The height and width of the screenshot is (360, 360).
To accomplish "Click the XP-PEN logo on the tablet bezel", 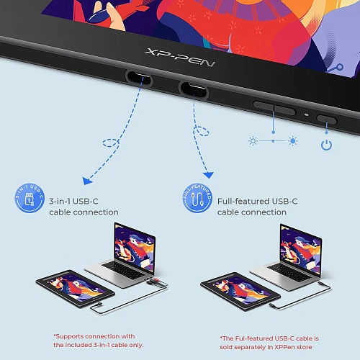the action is click(179, 58).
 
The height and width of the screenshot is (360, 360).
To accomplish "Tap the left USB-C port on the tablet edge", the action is click(139, 78).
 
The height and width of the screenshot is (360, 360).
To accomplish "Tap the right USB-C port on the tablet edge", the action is click(193, 89).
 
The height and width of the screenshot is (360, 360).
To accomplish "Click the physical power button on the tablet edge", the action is click(327, 120).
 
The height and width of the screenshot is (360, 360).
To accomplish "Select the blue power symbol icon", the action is click(327, 145).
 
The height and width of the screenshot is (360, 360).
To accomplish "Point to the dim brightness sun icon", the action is click(253, 141).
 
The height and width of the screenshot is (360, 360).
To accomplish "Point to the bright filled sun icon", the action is click(293, 141).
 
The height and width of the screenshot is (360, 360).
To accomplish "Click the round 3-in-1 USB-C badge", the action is click(30, 198).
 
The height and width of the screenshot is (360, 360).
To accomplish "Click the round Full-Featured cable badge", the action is click(197, 198).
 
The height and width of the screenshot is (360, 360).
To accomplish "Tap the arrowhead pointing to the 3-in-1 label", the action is click(87, 181).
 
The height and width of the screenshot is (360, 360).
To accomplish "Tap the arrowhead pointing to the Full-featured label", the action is click(208, 175).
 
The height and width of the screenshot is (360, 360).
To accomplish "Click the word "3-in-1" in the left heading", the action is click(60, 201).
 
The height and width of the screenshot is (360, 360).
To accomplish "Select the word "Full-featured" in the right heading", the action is click(243, 201).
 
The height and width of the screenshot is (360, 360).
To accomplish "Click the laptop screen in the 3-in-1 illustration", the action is click(135, 247).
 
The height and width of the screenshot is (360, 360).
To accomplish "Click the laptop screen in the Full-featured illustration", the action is click(300, 249).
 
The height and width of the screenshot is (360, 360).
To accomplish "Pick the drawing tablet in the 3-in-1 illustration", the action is click(75, 289).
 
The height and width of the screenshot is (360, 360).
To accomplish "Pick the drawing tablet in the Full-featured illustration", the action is click(240, 291).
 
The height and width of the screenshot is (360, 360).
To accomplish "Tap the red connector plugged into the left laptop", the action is click(156, 280).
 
